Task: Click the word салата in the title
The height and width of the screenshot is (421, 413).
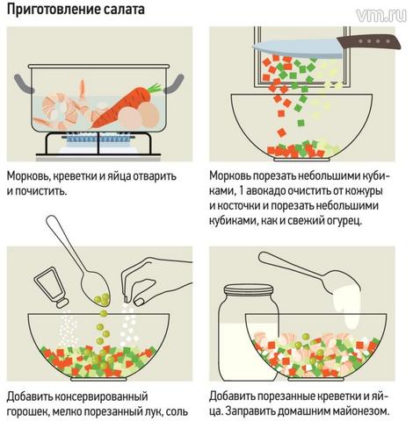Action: click(124, 9)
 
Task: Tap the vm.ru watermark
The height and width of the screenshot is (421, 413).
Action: click(381, 15)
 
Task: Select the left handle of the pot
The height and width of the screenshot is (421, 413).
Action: click(24, 83)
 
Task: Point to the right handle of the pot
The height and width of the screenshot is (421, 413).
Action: click(174, 84)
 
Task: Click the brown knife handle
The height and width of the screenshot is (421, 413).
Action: click(368, 41)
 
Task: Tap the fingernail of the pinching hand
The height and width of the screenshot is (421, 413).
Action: click(139, 302)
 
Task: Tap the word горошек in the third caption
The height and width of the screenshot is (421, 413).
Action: click(28, 412)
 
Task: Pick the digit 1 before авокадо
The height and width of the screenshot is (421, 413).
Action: click(242, 191)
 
